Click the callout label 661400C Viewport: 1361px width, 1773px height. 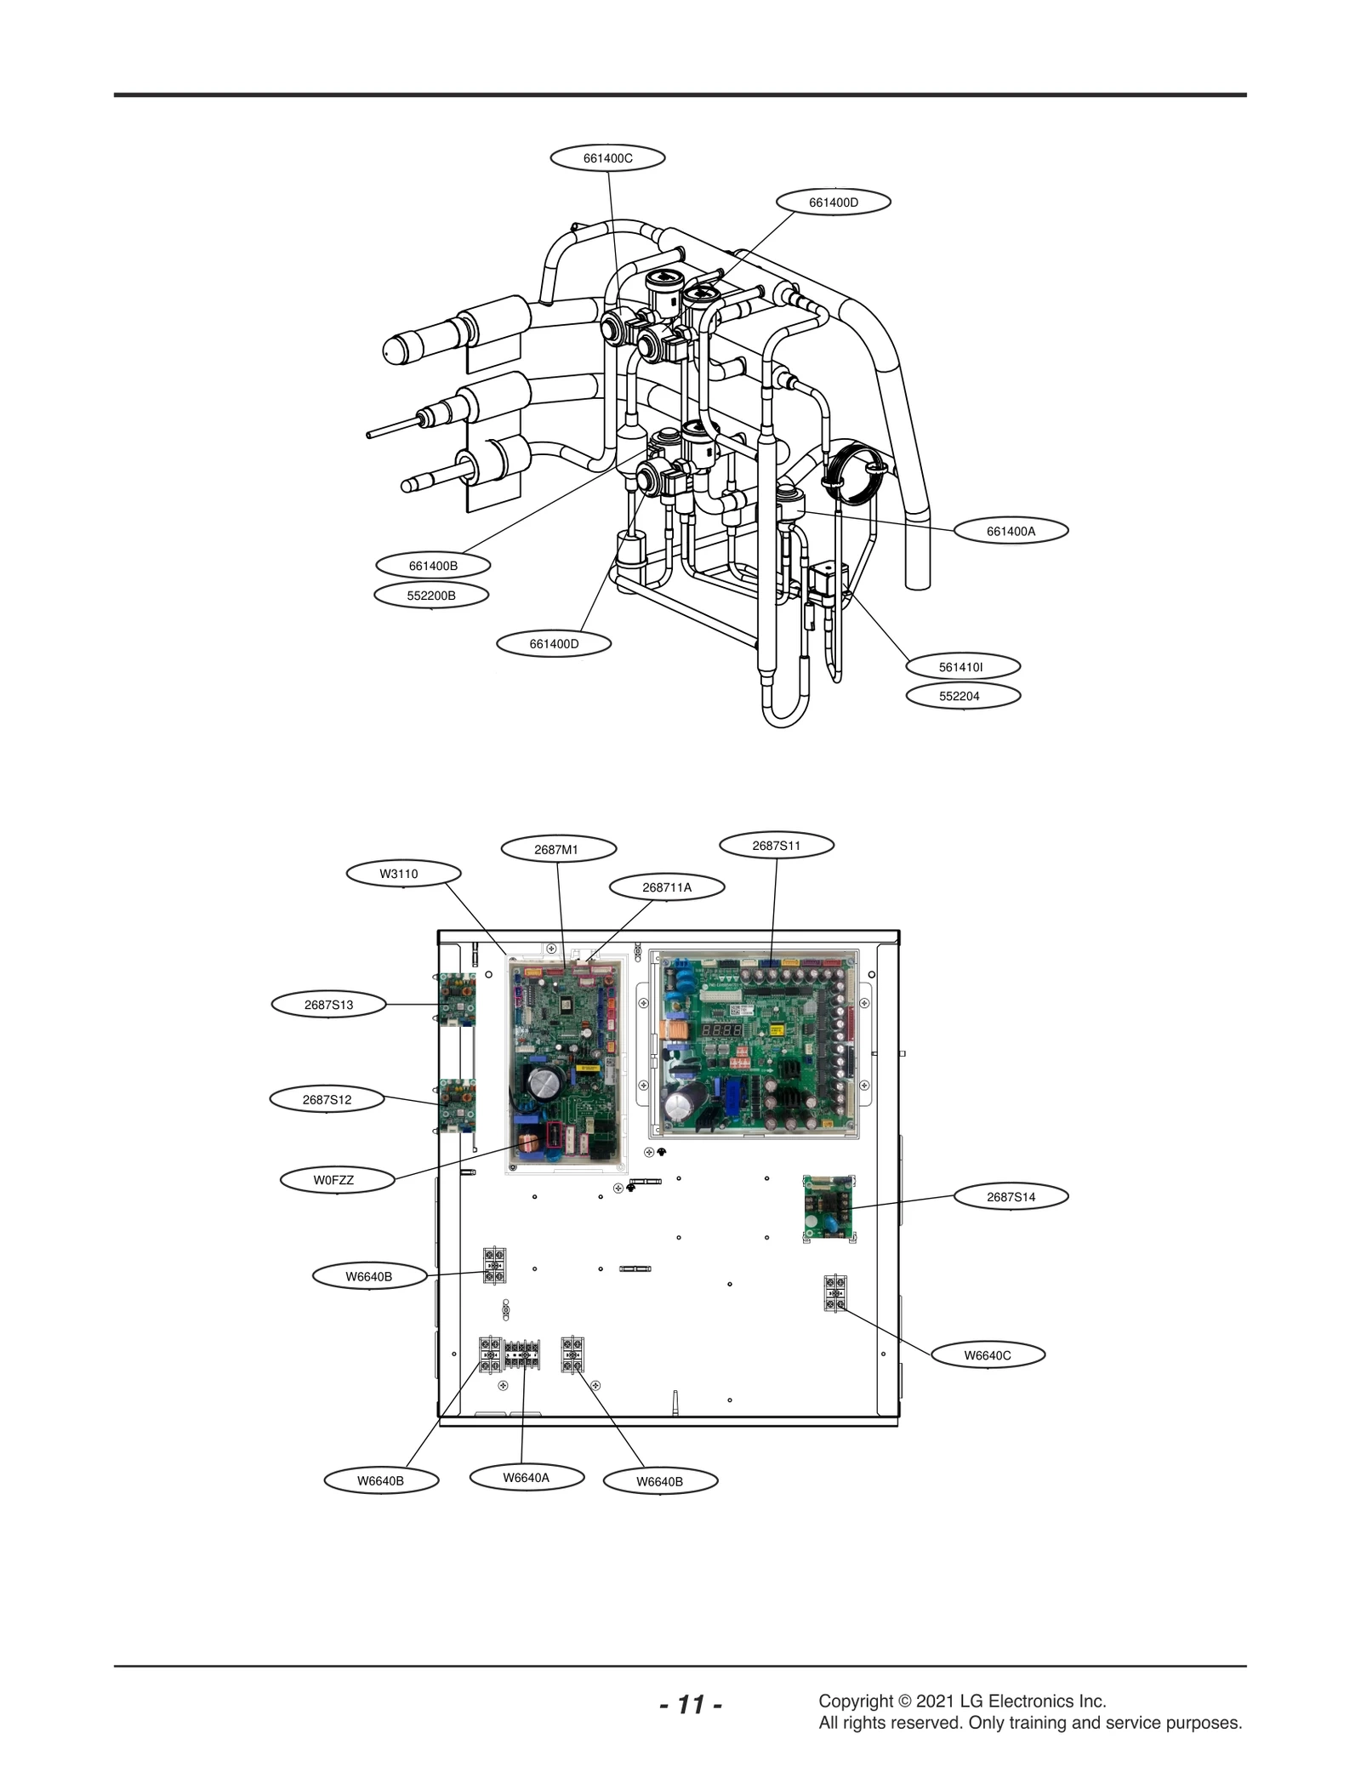click(607, 158)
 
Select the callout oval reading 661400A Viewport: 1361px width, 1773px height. click(1011, 531)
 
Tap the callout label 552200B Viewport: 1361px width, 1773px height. click(431, 596)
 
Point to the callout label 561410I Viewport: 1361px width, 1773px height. click(961, 667)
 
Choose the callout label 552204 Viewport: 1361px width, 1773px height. click(961, 696)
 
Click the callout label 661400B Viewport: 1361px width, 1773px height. click(433, 566)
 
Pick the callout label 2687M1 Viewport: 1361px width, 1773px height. click(556, 849)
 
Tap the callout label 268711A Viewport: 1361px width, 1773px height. click(667, 887)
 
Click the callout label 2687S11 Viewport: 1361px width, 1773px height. click(776, 846)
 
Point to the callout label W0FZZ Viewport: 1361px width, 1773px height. click(334, 1180)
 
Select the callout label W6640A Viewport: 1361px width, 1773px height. click(526, 1478)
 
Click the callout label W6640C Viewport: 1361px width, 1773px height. click(987, 1355)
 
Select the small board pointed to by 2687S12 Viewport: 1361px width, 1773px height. click(457, 1104)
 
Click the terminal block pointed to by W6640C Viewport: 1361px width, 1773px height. click(835, 1294)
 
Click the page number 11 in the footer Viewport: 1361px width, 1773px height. click(691, 1705)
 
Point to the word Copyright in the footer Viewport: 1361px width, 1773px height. click(855, 1702)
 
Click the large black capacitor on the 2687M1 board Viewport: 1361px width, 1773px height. click(542, 1082)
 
